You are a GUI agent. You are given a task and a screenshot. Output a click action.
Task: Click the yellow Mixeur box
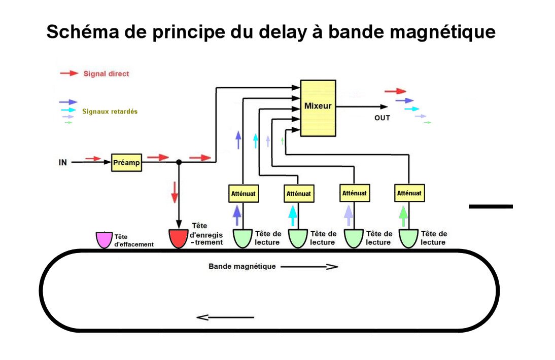click(318, 107)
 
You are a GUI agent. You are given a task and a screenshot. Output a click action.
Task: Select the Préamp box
click(126, 163)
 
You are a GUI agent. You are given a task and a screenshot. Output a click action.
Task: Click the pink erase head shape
click(105, 240)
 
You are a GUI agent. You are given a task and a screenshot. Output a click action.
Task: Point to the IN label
click(62, 163)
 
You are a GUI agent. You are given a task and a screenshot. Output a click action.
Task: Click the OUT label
click(382, 118)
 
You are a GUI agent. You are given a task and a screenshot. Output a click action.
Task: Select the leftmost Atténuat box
click(242, 193)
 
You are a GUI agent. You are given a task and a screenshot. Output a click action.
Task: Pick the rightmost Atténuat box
click(409, 193)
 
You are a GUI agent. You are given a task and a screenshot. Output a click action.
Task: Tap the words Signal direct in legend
click(106, 74)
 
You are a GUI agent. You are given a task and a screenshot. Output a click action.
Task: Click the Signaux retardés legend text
click(110, 111)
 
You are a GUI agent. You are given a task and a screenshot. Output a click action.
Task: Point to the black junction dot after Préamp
click(179, 162)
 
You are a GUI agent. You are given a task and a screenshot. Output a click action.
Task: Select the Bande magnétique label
click(242, 266)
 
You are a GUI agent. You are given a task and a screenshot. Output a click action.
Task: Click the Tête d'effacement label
click(133, 240)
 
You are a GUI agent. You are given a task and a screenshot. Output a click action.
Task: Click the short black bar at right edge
click(490, 206)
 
